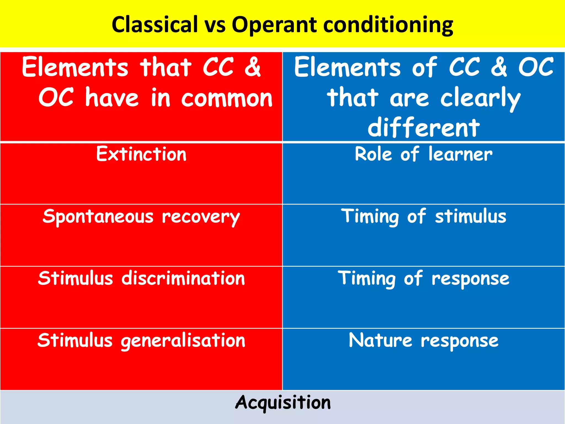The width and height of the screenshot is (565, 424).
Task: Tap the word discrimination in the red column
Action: pos(183,278)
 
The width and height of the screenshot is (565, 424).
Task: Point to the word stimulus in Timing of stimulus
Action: pos(471,216)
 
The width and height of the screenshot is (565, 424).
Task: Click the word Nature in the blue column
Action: pos(380,340)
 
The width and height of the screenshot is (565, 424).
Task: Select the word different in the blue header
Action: pos(424,128)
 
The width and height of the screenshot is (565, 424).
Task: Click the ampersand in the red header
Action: pos(252,67)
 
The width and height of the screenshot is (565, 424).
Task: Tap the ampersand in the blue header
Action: pos(499,67)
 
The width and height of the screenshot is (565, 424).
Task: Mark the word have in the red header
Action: pos(112,98)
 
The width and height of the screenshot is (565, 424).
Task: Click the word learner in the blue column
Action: pos(460,154)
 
